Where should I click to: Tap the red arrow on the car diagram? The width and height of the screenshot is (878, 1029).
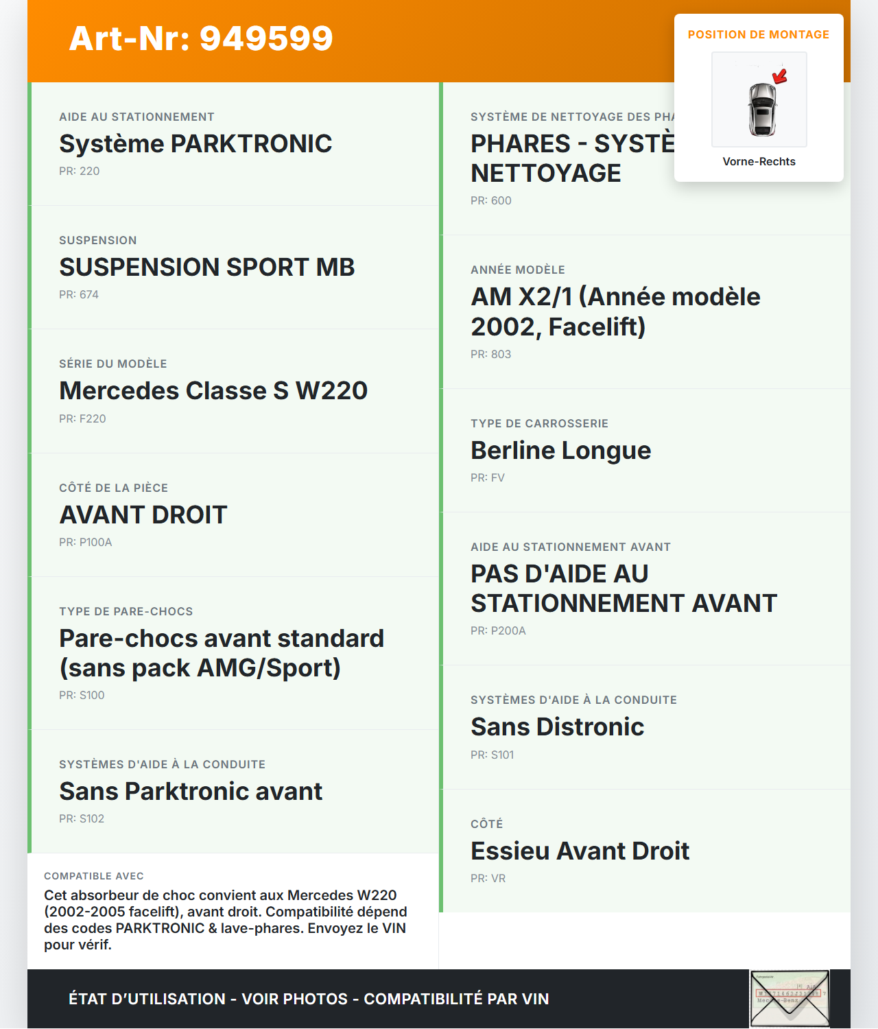[780, 75]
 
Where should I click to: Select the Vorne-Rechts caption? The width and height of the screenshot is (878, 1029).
[759, 161]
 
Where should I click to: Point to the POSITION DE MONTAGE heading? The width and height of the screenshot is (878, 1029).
[758, 34]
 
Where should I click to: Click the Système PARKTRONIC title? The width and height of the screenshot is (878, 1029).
[195, 143]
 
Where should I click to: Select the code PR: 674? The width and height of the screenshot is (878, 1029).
[79, 294]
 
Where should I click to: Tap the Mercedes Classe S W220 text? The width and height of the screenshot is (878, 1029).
[213, 390]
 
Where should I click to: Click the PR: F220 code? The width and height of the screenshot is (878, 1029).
[82, 418]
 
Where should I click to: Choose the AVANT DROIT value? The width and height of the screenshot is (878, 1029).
[143, 514]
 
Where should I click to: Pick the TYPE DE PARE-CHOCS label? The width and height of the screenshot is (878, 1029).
[126, 611]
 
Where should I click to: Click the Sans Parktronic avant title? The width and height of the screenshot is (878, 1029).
[191, 791]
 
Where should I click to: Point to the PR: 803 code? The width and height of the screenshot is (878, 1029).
[490, 354]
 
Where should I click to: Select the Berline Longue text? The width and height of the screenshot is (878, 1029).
[560, 450]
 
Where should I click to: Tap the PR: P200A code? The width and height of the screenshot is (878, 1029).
[498, 630]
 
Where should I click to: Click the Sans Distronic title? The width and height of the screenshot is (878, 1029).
[557, 726]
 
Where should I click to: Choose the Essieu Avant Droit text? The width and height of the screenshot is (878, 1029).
[580, 851]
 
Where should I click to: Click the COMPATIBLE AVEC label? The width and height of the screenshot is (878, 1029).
[94, 876]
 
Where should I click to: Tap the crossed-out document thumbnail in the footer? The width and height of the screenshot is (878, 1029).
[790, 998]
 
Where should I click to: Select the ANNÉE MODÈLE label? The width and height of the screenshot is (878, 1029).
[518, 270]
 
